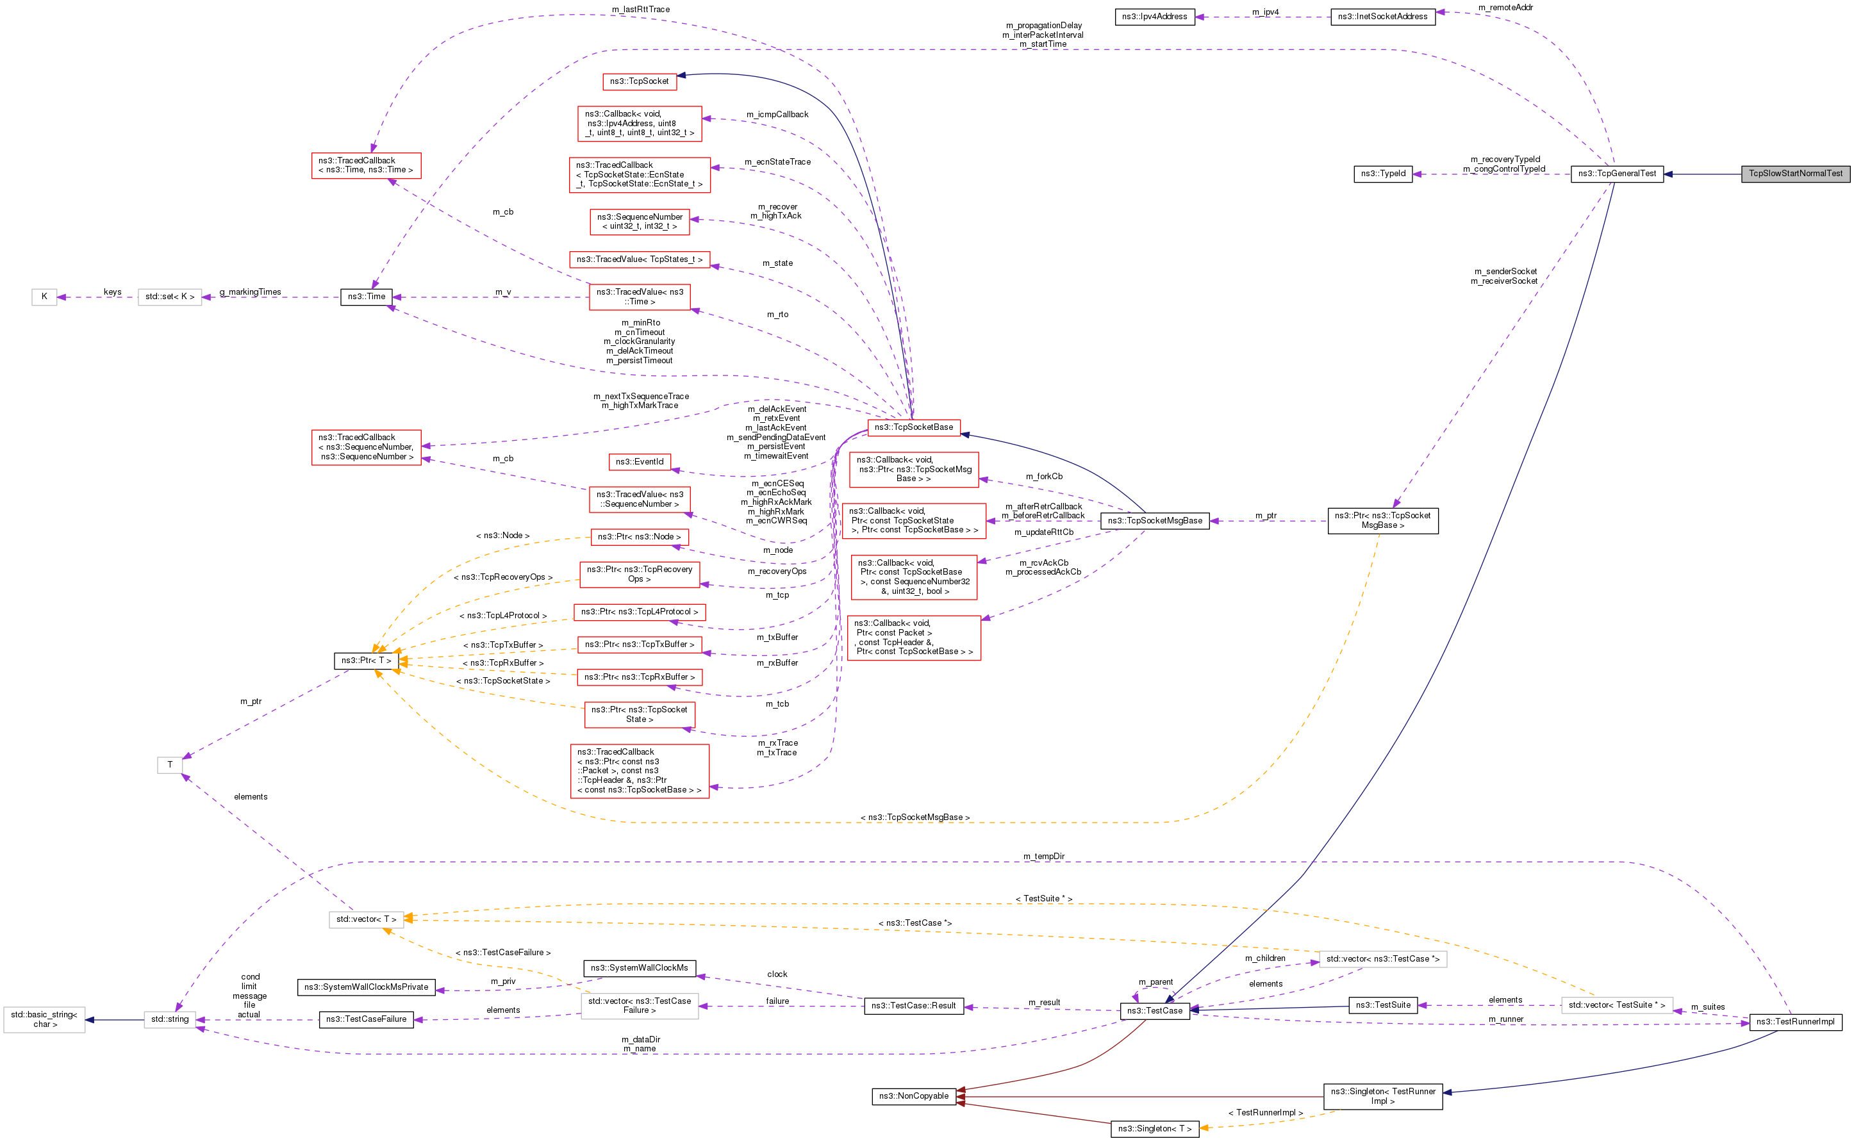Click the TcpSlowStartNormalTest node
click(x=1795, y=174)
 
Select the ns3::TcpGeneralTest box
click(x=1617, y=174)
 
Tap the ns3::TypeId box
click(x=1383, y=174)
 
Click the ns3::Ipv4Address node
click(x=1154, y=17)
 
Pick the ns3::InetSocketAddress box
click(x=1382, y=17)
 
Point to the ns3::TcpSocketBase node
click(x=913, y=428)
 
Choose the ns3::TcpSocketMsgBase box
click(x=1155, y=521)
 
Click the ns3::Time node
click(x=366, y=297)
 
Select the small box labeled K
click(x=44, y=297)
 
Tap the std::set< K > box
click(x=170, y=297)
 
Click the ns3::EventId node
click(x=640, y=462)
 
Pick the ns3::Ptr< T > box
click(x=366, y=661)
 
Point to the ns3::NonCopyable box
click(x=913, y=1096)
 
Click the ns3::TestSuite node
click(x=1383, y=1005)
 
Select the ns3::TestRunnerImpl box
click(x=1795, y=1022)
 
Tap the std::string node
click(x=170, y=1019)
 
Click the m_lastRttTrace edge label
click(x=641, y=9)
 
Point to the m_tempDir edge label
click(x=1044, y=856)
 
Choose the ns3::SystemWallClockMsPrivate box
click(x=366, y=987)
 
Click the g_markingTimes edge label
click(x=250, y=292)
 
